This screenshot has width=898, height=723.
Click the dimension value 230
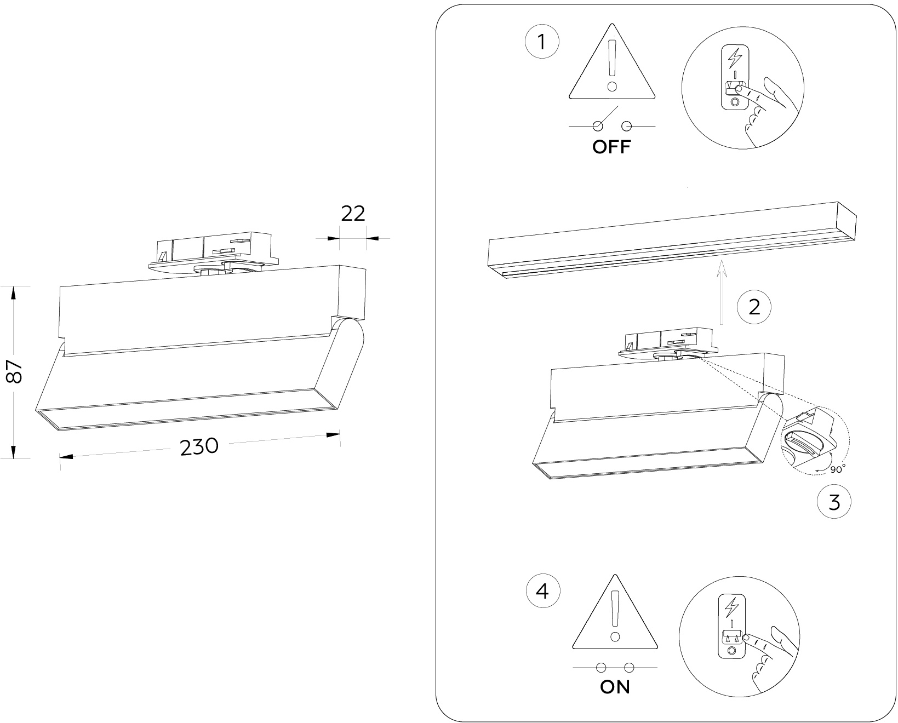(x=199, y=447)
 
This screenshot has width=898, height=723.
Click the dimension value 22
(x=353, y=214)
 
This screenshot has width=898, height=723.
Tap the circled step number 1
(x=542, y=42)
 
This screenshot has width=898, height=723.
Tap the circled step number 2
(x=754, y=307)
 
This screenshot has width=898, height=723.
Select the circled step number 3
(x=833, y=502)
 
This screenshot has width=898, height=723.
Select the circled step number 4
(x=542, y=592)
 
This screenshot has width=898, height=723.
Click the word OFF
(x=611, y=147)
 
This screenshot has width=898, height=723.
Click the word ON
(x=615, y=687)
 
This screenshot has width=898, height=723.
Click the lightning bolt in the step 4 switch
(x=732, y=606)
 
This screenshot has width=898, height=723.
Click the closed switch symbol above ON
(x=615, y=668)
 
